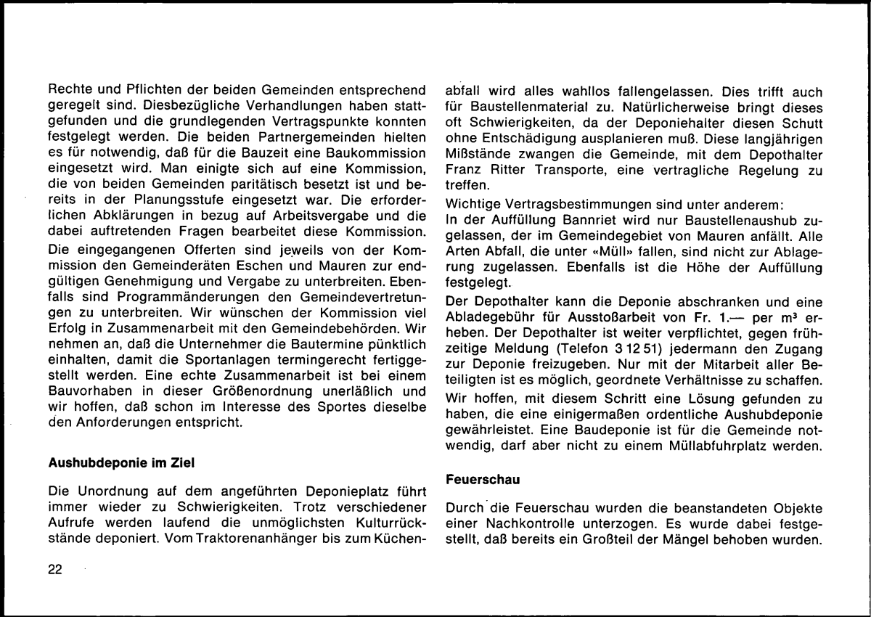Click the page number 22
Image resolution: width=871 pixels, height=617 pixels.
click(55, 570)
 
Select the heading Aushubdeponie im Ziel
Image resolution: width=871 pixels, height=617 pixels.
click(121, 462)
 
